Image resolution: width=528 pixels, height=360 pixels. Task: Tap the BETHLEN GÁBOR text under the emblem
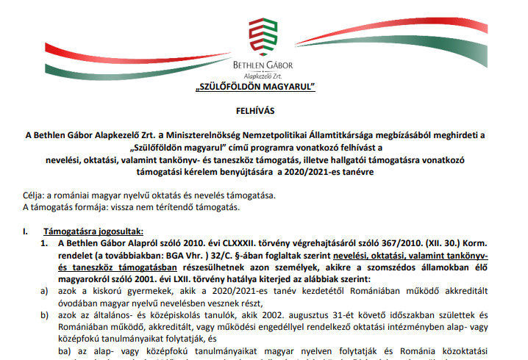tap(263, 65)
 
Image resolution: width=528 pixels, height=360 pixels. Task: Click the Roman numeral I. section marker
tap(26, 230)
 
